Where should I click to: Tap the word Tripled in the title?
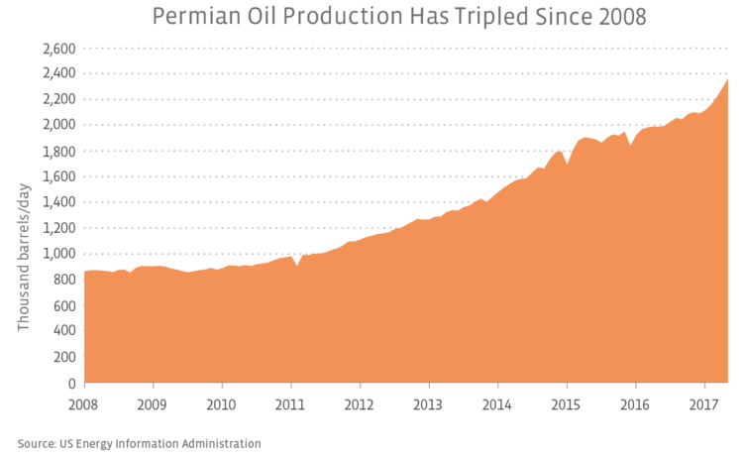pos(472,18)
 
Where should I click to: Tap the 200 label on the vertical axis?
pos(65,358)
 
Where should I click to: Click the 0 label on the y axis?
pos(72,384)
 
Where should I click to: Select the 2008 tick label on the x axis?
pos(84,403)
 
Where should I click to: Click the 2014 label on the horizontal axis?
pos(497,403)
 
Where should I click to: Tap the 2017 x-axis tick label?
pos(704,403)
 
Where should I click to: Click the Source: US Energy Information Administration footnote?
pos(139,443)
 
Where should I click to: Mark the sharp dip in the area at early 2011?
pos(297,267)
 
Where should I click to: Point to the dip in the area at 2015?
pos(567,165)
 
